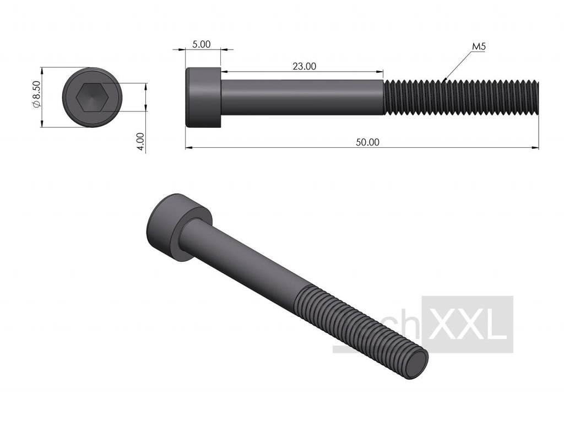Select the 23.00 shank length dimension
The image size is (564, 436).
pyautogui.click(x=304, y=66)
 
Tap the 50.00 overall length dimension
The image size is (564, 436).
pyautogui.click(x=367, y=142)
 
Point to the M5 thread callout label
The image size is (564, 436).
pyautogui.click(x=479, y=47)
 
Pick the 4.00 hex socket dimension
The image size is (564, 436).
pyautogui.click(x=141, y=141)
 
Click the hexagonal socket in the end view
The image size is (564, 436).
pyautogui.click(x=92, y=98)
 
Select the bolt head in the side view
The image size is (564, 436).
pyautogui.click(x=203, y=98)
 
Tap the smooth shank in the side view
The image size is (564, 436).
pyautogui.click(x=302, y=98)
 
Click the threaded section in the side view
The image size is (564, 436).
pyautogui.click(x=460, y=98)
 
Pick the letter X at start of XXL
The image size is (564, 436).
pyautogui.click(x=441, y=325)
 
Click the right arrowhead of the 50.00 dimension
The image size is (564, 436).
pyautogui.click(x=535, y=148)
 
